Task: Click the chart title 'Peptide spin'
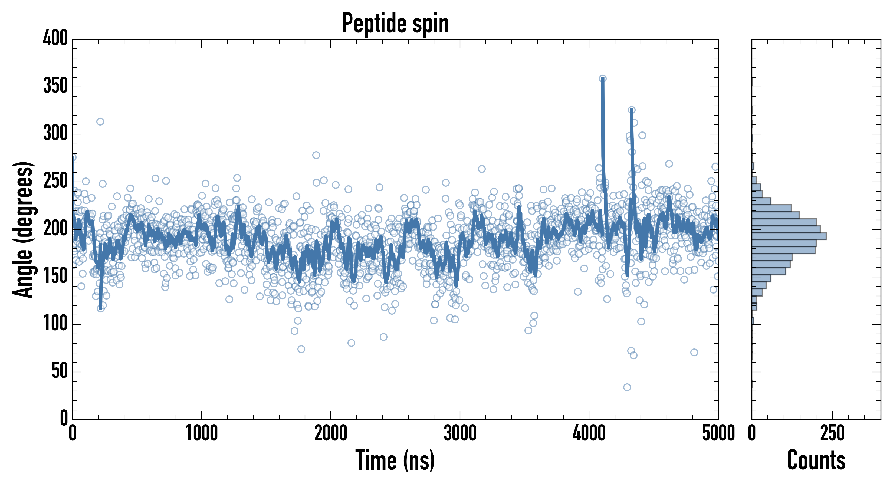point(395,24)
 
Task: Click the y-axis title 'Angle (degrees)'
point(23,229)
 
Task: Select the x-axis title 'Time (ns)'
point(395,460)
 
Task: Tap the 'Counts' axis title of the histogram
point(816,460)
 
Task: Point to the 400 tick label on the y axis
point(55,38)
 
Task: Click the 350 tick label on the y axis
point(55,86)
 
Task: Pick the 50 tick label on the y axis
point(60,371)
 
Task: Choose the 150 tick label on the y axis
point(55,276)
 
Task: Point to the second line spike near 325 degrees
point(632,110)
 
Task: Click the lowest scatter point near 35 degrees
point(627,387)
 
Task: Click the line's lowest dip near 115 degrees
point(101,308)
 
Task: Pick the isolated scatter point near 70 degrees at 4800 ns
point(694,353)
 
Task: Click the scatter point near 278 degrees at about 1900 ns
point(316,155)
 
